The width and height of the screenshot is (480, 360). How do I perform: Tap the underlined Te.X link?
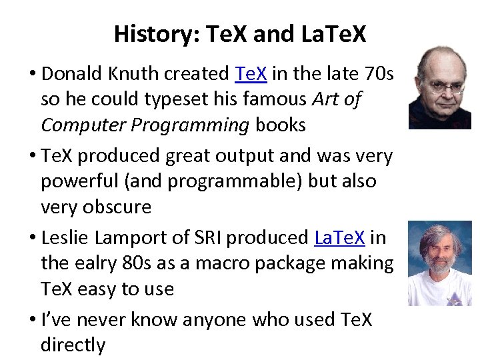251,73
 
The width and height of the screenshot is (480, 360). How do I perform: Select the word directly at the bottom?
73,345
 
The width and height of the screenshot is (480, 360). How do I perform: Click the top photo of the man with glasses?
439,87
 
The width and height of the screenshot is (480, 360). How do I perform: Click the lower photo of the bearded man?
439,263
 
